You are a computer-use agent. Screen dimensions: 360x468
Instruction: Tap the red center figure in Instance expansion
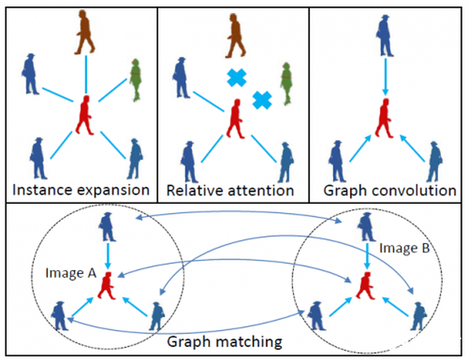[85, 115]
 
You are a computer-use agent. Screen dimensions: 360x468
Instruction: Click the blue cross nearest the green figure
[262, 100]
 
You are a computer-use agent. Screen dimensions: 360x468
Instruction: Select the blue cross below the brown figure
[236, 77]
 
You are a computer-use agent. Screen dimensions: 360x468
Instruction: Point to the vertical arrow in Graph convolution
[384, 74]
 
